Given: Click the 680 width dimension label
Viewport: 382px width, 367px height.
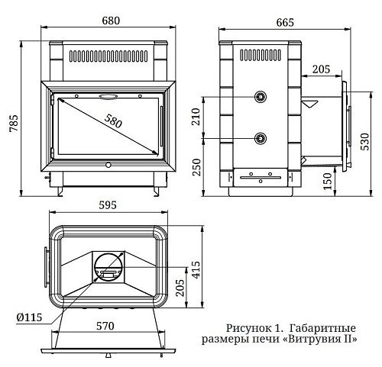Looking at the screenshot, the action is point(111,21).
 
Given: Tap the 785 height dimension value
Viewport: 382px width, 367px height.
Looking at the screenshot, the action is point(14,123).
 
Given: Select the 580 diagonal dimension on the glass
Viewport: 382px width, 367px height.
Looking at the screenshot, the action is point(113,121).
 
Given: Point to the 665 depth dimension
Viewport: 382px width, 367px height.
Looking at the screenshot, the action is point(285,22).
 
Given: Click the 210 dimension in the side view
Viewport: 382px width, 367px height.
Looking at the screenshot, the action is point(196,117).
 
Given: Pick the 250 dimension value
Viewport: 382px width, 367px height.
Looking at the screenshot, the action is point(196,167).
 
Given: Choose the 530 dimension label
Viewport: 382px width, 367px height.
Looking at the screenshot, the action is point(364,141).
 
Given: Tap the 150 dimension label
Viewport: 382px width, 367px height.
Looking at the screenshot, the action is point(328,182).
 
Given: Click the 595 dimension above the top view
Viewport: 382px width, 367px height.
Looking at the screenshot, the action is point(108,205).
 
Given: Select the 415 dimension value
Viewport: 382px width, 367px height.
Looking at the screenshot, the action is point(196,269).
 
